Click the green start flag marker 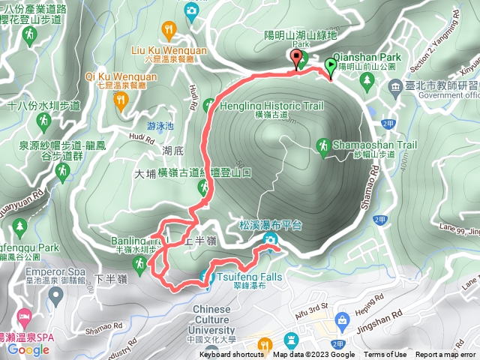coord(331,67)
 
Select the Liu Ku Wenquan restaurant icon coord(169,30)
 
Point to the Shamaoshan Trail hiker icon coord(324,144)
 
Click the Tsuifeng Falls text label coord(252,277)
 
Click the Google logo coord(28,349)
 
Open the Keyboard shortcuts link coord(231,355)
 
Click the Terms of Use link coord(385,355)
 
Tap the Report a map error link coord(445,355)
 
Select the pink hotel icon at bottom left coord(22,317)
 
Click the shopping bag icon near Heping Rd coord(343,320)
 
